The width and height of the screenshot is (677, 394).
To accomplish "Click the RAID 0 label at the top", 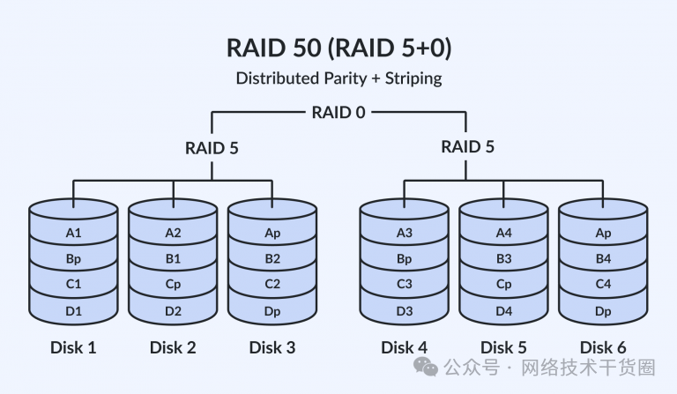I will (338, 113).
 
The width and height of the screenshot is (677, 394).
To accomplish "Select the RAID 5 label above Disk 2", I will (212, 147).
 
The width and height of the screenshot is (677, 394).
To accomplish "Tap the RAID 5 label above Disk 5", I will (467, 147).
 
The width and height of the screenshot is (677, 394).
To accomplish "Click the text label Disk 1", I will (73, 347).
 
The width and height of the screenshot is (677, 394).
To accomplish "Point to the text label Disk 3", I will (272, 347).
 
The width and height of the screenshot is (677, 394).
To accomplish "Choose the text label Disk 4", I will (405, 347).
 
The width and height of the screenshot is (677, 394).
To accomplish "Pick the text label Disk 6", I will (603, 347).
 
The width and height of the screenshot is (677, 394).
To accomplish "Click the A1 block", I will (73, 234).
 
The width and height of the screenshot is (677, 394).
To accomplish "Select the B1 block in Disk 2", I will (173, 259).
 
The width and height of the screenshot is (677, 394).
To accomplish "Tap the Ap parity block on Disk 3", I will (272, 234).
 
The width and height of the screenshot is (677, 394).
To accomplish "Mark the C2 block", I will (272, 285).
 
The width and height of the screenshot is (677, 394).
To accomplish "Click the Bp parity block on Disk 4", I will (405, 259).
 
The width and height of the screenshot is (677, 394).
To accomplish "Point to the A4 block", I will (503, 234).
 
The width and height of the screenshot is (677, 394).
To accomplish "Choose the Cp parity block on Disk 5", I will (503, 285).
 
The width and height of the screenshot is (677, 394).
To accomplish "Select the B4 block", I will (603, 259).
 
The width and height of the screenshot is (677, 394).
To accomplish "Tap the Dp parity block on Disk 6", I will (603, 310).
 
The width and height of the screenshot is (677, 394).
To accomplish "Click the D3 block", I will (405, 310).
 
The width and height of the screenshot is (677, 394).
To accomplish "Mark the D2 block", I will (173, 310).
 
